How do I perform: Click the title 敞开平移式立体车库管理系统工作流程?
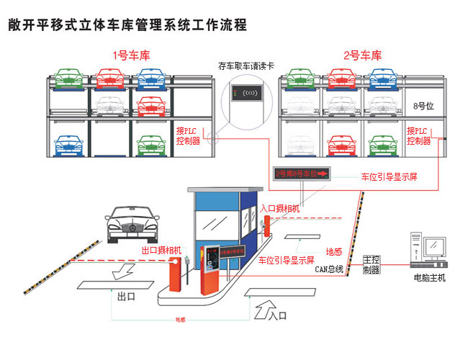pyautogui.click(x=127, y=25)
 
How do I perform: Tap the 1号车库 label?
pyautogui.click(x=131, y=55)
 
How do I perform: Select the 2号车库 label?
pyautogui.click(x=362, y=55)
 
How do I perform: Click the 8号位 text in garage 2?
pyautogui.click(x=424, y=106)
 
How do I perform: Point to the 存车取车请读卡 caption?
pyautogui.click(x=246, y=66)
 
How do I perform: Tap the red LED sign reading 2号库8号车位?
pyautogui.click(x=302, y=174)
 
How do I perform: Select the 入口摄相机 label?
pyautogui.click(x=281, y=208)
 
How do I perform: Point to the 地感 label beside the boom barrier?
pyautogui.click(x=333, y=252)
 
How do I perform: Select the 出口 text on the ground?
pyautogui.click(x=126, y=296)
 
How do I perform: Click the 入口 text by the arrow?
pyautogui.click(x=277, y=315)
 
